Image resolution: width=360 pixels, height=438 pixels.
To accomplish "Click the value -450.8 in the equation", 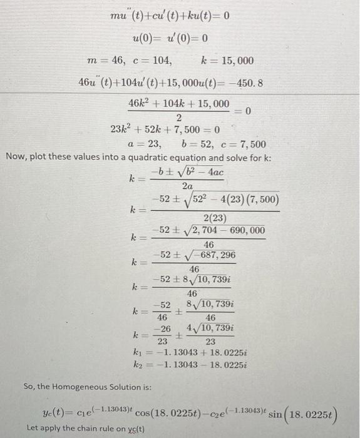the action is coord(245,83).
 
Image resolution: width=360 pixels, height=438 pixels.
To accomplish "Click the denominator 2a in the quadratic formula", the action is coord(187,186).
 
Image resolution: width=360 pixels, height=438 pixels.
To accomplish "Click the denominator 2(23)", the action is coord(214,218).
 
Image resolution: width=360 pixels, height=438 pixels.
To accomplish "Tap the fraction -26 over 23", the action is coord(162,335).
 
